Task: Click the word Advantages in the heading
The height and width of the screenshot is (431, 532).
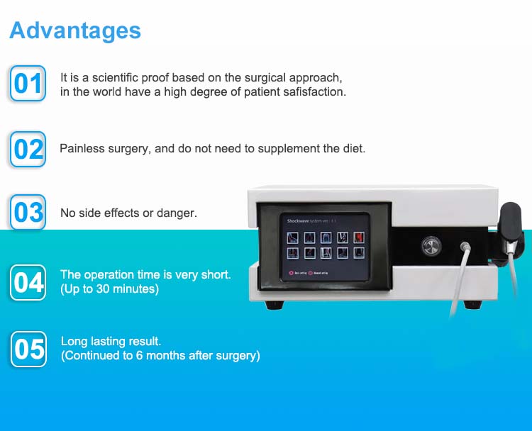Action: point(75,30)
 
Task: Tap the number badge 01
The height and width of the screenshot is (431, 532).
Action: point(28,84)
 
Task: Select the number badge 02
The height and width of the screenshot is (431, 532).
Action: point(28,149)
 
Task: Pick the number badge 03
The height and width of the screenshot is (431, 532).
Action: point(28,212)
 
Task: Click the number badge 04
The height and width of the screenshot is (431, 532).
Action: point(28,282)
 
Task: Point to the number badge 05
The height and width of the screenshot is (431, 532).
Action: point(28,349)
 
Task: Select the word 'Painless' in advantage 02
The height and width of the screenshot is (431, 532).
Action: point(80,149)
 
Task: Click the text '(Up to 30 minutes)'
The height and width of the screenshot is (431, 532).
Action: point(109,289)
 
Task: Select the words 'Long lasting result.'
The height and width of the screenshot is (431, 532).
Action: point(111,342)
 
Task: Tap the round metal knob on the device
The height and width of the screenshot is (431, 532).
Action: point(431,245)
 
